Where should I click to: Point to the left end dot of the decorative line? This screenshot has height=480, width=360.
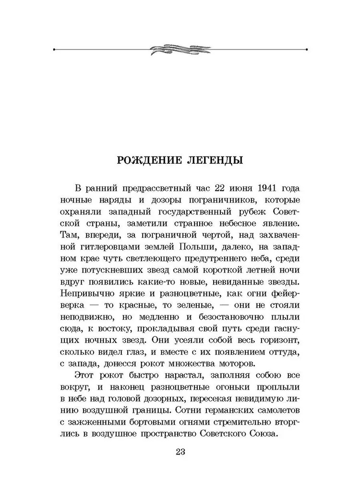(55, 49)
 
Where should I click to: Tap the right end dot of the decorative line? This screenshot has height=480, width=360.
(306, 49)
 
